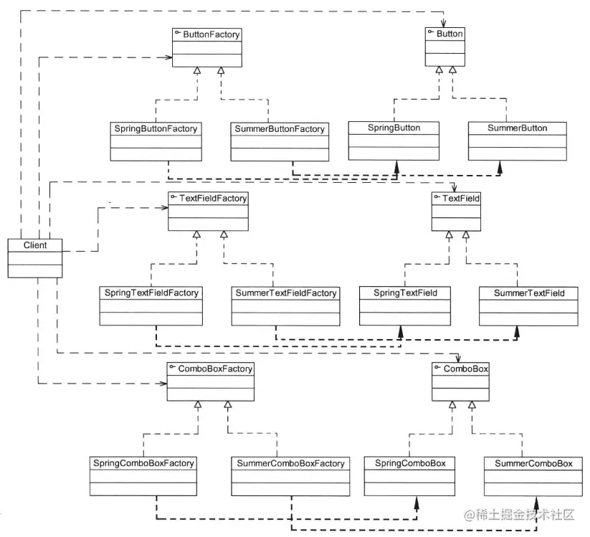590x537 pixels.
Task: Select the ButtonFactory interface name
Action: pos(211,34)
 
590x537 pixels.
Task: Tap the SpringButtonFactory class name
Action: pos(155,129)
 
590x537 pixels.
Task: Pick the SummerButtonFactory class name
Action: pos(280,130)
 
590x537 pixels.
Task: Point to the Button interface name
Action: pos(449,34)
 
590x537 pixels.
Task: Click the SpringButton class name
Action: pos(394,128)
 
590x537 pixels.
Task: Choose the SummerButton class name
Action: pos(517,128)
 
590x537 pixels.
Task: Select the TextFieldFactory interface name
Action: pos(212,199)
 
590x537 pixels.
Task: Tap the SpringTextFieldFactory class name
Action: pos(151,293)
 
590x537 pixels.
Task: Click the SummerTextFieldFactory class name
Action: pos(285,293)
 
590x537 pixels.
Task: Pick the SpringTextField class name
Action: pos(405,293)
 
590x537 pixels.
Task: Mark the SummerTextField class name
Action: pos(528,293)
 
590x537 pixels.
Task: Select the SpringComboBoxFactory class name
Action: pos(143,463)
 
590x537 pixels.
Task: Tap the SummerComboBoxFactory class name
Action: pos(290,464)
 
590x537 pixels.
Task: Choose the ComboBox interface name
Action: pos(465,369)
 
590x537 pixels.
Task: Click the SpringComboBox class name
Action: pos(410,463)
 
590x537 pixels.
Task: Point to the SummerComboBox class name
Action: pos(533,464)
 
